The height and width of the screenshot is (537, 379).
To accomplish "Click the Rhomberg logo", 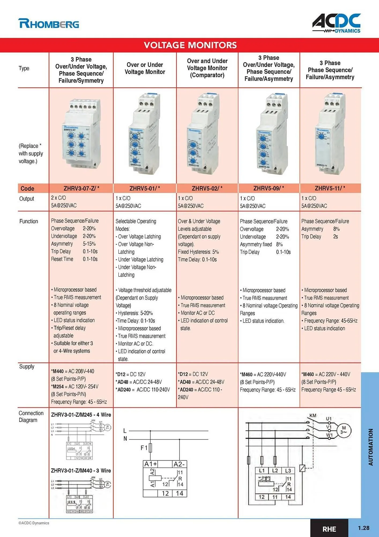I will point(49,24).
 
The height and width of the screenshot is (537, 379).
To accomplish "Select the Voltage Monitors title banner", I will point(190,45).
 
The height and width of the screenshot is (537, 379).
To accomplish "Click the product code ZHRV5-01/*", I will point(144,188).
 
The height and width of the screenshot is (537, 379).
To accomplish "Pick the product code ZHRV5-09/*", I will point(269,188).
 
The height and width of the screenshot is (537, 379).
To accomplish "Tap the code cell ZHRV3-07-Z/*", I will point(81,188).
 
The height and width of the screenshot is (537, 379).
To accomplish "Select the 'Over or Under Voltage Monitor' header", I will point(145,68).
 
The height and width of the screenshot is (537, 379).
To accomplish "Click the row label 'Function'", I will point(29,222).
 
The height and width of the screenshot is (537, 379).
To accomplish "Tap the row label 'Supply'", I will point(27,367).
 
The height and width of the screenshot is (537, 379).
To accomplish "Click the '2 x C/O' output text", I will point(58,198).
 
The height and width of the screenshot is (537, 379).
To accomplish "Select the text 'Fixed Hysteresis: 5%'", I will point(198,252).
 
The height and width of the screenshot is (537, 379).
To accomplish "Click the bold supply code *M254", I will point(58,387).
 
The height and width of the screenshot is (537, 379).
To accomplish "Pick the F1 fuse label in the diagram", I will point(144,448).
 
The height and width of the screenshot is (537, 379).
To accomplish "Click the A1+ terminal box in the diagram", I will point(151,464).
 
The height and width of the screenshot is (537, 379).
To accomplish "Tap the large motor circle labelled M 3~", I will point(344,430).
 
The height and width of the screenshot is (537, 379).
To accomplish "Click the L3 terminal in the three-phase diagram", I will point(288,471).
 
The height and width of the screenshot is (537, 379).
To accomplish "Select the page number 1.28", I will point(363,528).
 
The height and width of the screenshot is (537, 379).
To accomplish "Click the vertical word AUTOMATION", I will point(370,447).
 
